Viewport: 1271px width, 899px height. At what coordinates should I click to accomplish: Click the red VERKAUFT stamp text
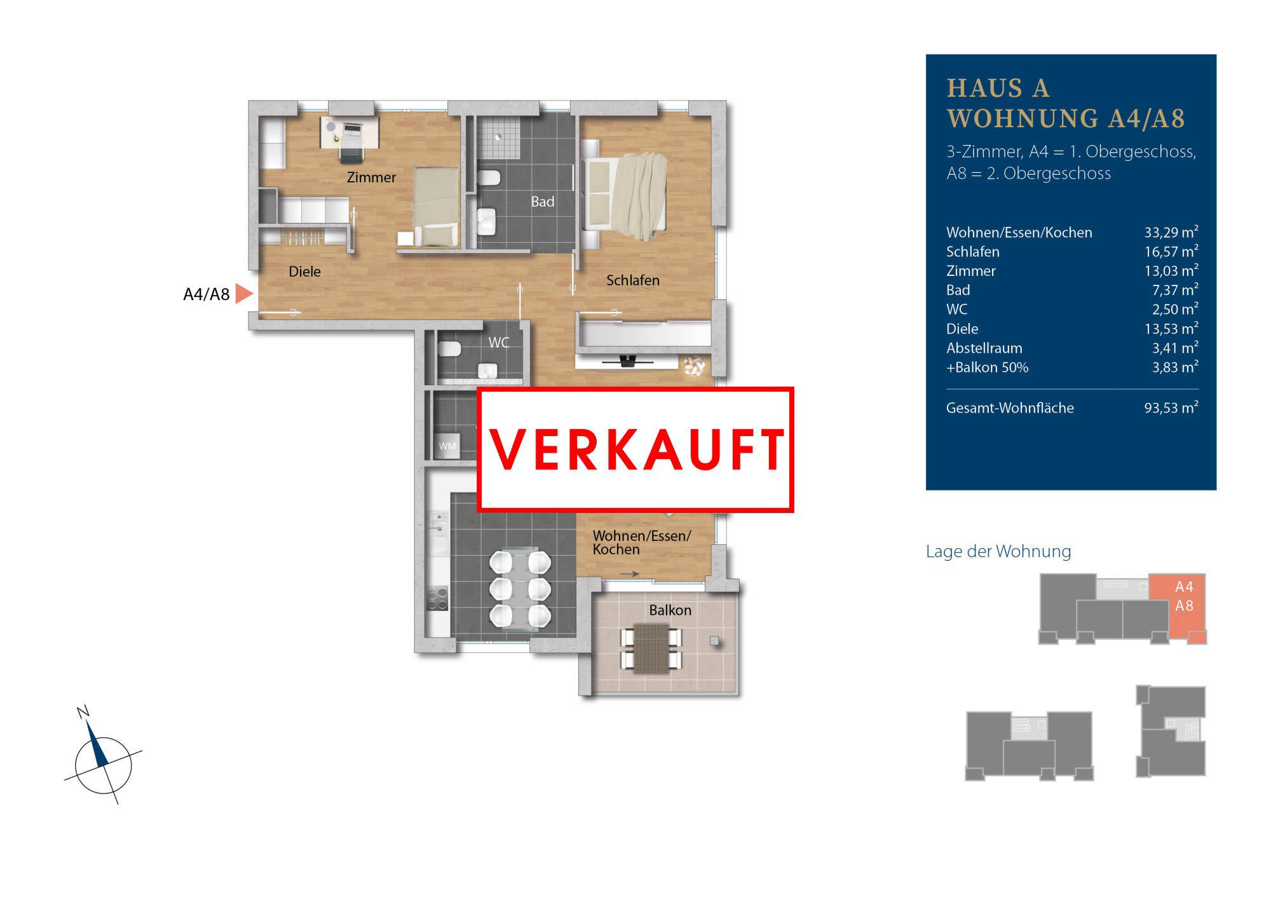[637, 449]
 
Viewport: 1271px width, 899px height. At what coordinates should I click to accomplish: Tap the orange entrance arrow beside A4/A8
[244, 294]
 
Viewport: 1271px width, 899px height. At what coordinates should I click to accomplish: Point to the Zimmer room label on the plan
[371, 177]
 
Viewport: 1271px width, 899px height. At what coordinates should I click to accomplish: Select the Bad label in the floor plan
[543, 202]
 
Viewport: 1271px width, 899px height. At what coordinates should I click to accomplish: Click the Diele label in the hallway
[304, 271]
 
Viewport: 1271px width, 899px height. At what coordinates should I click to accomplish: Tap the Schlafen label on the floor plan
[632, 280]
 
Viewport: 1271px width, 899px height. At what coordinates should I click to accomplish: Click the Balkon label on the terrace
[670, 610]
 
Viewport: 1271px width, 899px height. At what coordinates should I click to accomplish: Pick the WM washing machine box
[447, 446]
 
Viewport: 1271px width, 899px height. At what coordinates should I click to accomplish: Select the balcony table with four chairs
[651, 648]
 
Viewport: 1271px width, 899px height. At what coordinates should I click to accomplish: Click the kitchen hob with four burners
[437, 598]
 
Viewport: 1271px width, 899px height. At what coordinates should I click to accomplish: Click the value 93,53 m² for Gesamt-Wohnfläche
[1171, 407]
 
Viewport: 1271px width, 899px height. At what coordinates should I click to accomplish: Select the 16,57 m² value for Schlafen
[1171, 251]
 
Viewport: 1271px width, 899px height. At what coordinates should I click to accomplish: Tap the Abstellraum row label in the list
[984, 348]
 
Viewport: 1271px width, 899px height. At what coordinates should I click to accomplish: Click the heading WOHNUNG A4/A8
[1066, 118]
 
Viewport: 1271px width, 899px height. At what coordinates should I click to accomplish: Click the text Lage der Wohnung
[998, 551]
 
